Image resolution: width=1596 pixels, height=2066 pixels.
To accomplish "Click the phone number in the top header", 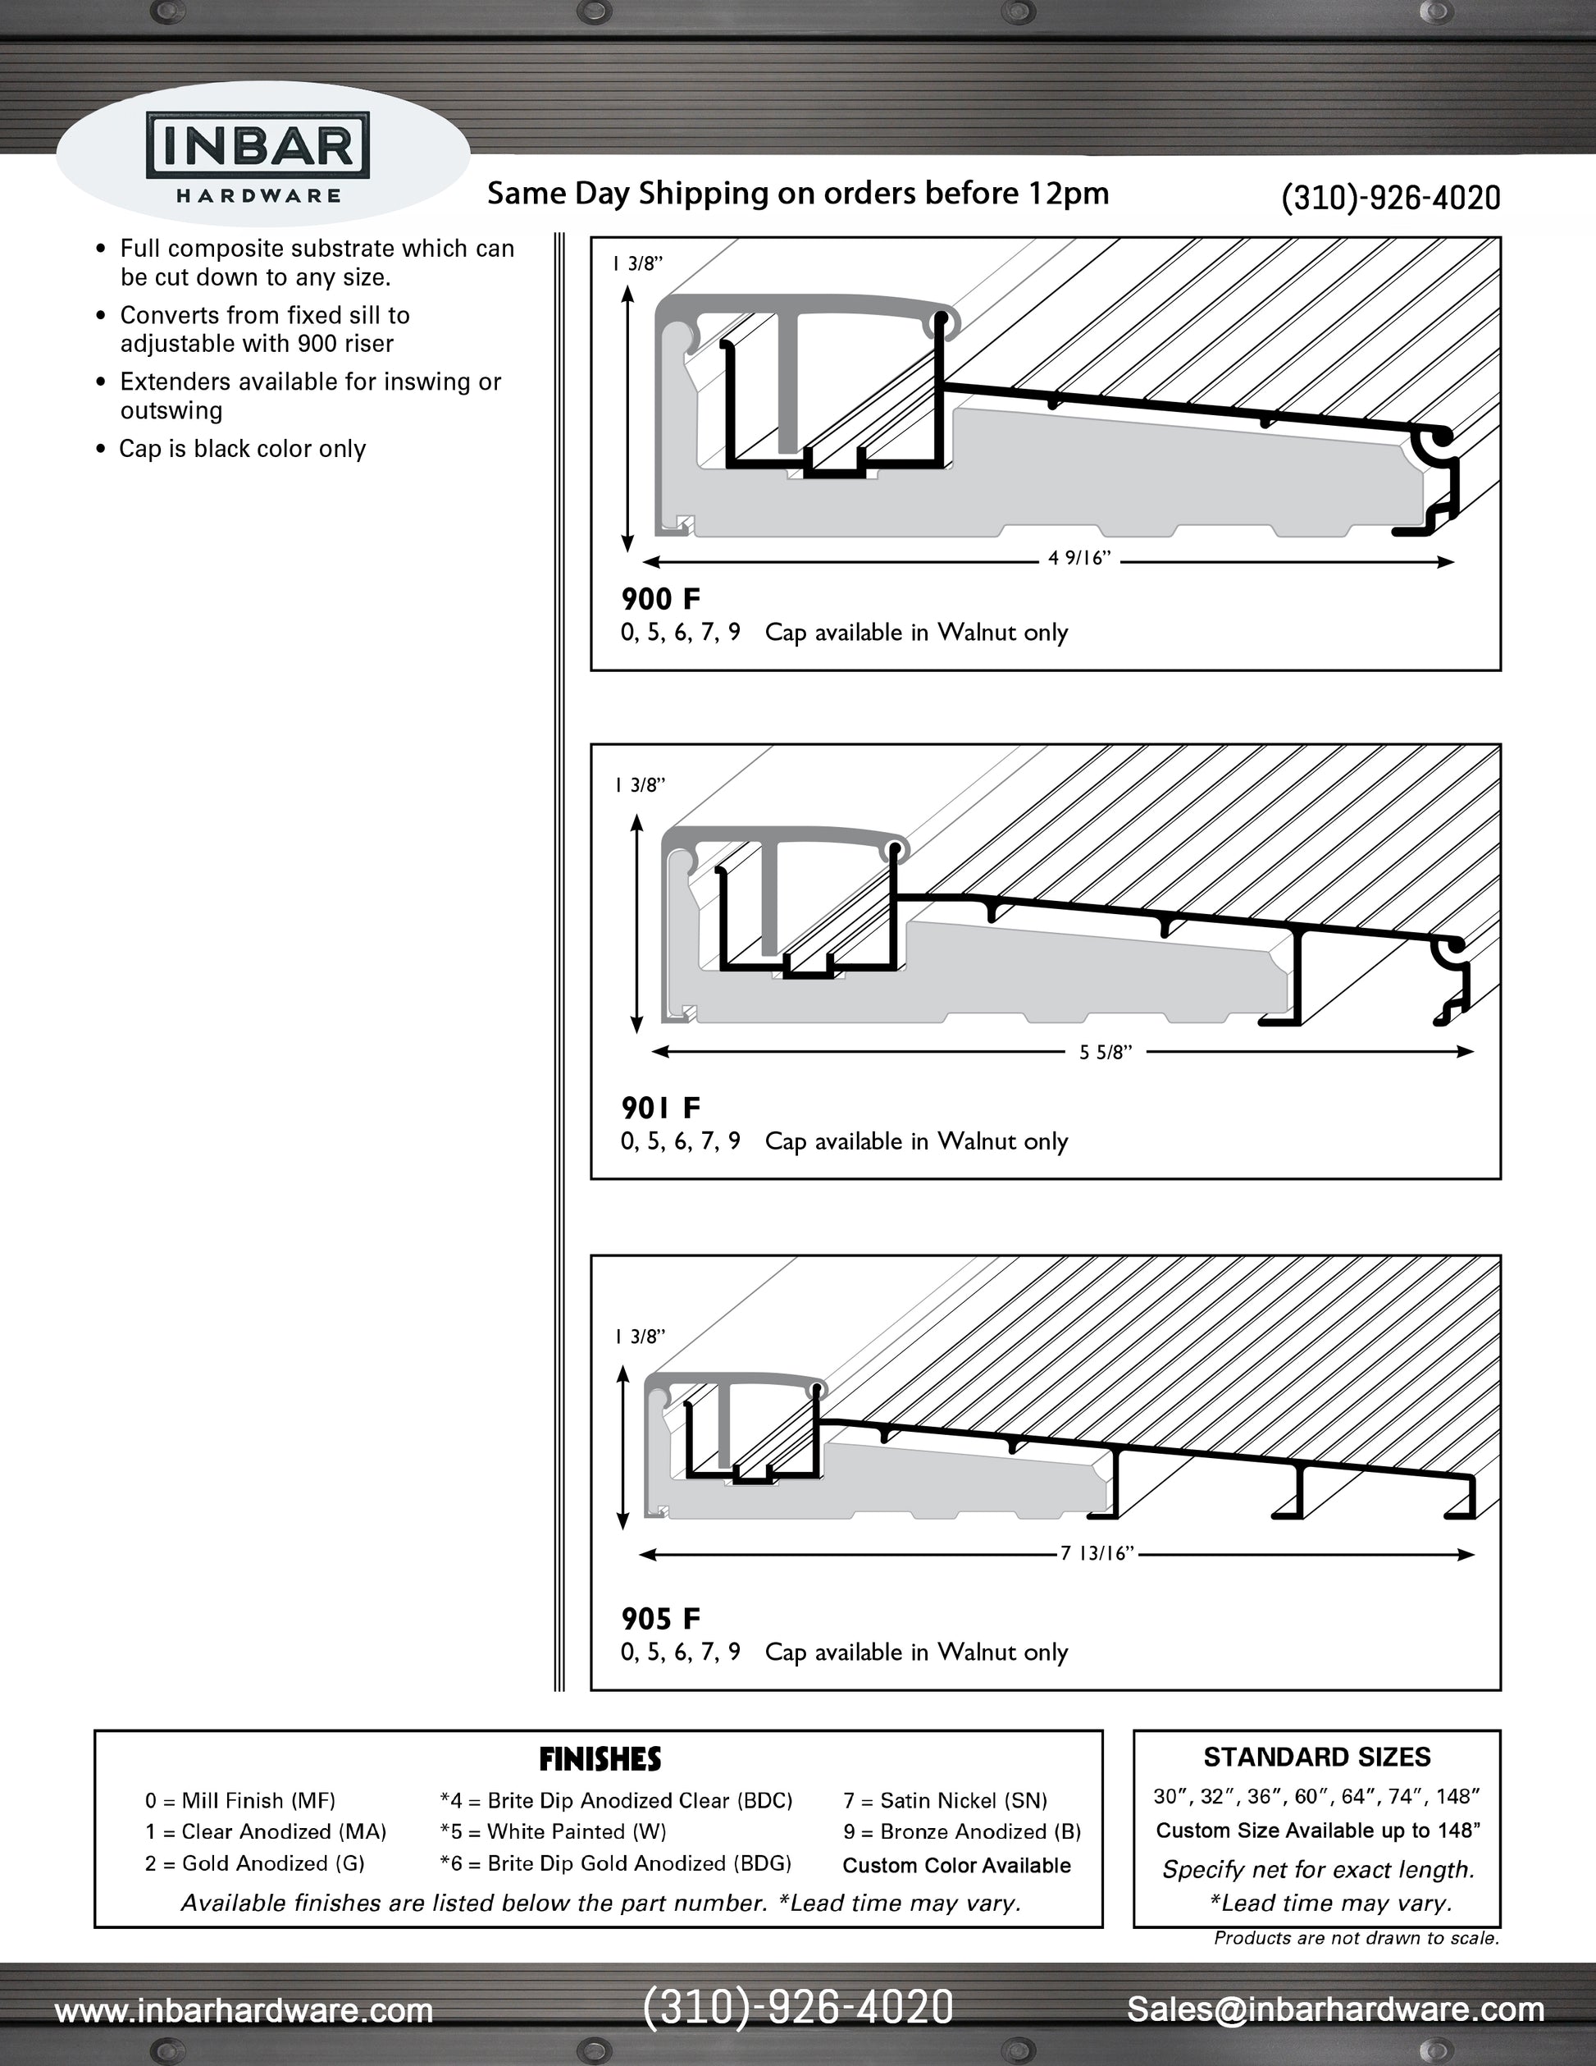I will [x=1390, y=198].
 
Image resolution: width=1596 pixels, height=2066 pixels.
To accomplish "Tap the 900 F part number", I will [x=660, y=599].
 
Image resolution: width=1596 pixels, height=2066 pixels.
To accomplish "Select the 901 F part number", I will [x=660, y=1108].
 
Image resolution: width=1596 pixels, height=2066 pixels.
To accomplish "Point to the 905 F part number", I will [x=660, y=1619].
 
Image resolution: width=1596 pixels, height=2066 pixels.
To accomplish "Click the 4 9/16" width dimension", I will [x=1078, y=559].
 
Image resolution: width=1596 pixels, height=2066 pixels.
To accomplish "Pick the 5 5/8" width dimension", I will [x=1106, y=1053].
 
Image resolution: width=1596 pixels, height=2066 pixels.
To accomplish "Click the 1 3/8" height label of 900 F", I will [x=637, y=264].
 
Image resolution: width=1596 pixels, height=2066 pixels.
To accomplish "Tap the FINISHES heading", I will [x=600, y=1759].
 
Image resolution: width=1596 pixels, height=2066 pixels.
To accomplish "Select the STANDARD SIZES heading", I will [x=1316, y=1757].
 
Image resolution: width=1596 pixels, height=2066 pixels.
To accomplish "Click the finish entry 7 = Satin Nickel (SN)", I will [x=945, y=1801].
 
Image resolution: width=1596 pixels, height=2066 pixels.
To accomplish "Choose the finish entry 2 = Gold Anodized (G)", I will [x=254, y=1863].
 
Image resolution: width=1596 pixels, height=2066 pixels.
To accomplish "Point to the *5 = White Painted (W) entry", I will [x=552, y=1832].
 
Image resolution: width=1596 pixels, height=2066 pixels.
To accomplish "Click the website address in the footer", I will [x=244, y=2009].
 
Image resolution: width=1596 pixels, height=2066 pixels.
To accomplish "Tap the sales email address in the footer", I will [x=1335, y=2009].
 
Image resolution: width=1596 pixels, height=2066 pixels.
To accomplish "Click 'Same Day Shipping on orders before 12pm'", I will [x=797, y=194].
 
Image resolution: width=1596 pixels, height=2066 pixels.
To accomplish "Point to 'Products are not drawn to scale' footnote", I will [x=1356, y=1938].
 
